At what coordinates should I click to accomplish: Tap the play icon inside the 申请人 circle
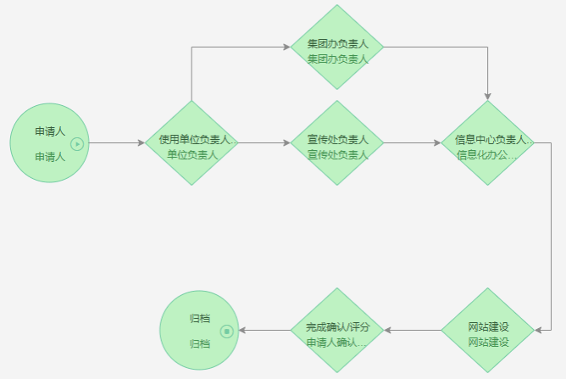click(77, 144)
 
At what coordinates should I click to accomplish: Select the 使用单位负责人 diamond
click(191, 143)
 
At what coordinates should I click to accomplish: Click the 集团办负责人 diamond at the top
click(337, 47)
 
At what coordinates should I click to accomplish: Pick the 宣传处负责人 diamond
click(337, 143)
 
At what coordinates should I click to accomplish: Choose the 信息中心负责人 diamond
click(488, 143)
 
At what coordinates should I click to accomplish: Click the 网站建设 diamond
click(488, 331)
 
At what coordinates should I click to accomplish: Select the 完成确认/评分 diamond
click(337, 331)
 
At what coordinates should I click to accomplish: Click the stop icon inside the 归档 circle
click(226, 331)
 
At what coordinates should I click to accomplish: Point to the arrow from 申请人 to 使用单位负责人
click(117, 143)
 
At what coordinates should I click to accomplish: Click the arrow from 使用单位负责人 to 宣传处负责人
click(264, 143)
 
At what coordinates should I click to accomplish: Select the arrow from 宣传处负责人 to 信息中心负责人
click(413, 143)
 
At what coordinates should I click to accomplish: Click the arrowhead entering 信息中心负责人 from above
click(488, 96)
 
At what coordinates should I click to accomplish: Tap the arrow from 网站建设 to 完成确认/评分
click(413, 331)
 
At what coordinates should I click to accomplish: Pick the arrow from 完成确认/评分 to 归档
click(264, 331)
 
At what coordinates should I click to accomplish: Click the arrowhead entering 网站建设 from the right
click(538, 331)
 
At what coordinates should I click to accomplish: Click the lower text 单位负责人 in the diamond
click(192, 155)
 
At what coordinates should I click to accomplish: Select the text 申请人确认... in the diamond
click(336, 343)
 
